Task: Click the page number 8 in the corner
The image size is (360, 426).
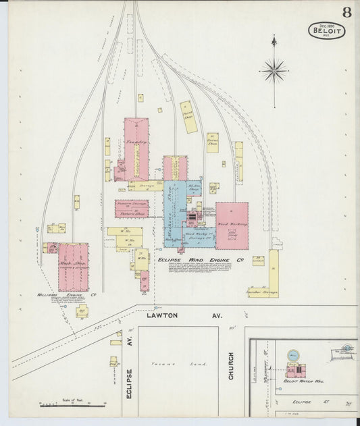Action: pyautogui.click(x=346, y=11)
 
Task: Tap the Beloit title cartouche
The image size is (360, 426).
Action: pyautogui.click(x=327, y=30)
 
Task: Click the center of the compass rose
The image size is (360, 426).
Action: pyautogui.click(x=274, y=70)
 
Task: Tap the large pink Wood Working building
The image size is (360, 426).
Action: pyautogui.click(x=232, y=225)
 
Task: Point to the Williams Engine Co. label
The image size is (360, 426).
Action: pyautogui.click(x=68, y=295)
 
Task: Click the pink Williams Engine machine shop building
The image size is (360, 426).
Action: pyautogui.click(x=73, y=266)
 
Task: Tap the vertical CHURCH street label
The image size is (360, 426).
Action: pyautogui.click(x=230, y=365)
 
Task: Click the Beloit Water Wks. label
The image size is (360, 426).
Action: pyautogui.click(x=303, y=381)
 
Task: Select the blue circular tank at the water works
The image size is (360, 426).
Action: pyautogui.click(x=293, y=354)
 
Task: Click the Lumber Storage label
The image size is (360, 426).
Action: pyautogui.click(x=263, y=292)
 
